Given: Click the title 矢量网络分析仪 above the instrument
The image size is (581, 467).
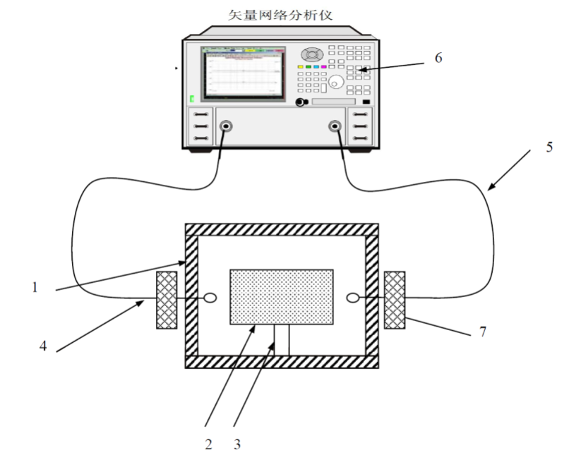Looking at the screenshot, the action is click(280, 15).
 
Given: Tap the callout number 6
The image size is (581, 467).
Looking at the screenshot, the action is click(438, 58).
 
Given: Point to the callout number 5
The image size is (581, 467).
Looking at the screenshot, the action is click(549, 147).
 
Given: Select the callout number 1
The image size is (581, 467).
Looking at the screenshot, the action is click(35, 287).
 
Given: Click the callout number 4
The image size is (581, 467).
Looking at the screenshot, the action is click(43, 346).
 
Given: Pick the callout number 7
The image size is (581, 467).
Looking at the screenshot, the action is click(482, 332).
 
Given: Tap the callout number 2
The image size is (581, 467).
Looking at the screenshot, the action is click(209, 444).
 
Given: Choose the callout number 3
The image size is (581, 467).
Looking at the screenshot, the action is click(237, 444).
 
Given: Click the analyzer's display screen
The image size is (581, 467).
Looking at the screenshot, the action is click(244, 73).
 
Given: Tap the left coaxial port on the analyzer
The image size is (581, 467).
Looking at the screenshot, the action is click(226, 127).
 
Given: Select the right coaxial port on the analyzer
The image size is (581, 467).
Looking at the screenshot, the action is click(335, 127).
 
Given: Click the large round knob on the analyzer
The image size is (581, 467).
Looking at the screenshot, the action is click(336, 81).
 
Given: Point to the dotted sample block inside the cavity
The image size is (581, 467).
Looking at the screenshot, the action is click(282, 297).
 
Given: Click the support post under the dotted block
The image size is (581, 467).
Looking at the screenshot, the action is click(282, 340).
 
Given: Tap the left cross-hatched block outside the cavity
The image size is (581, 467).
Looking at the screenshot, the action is click(167, 300).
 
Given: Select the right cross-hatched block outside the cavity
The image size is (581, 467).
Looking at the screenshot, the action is click(395, 300).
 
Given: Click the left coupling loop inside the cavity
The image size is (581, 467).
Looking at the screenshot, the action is click(210, 298).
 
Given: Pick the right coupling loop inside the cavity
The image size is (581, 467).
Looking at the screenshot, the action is click(353, 298).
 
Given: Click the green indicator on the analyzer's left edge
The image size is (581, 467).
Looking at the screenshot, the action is click(192, 99).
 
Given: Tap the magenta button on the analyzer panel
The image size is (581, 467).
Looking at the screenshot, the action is click(324, 66).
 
